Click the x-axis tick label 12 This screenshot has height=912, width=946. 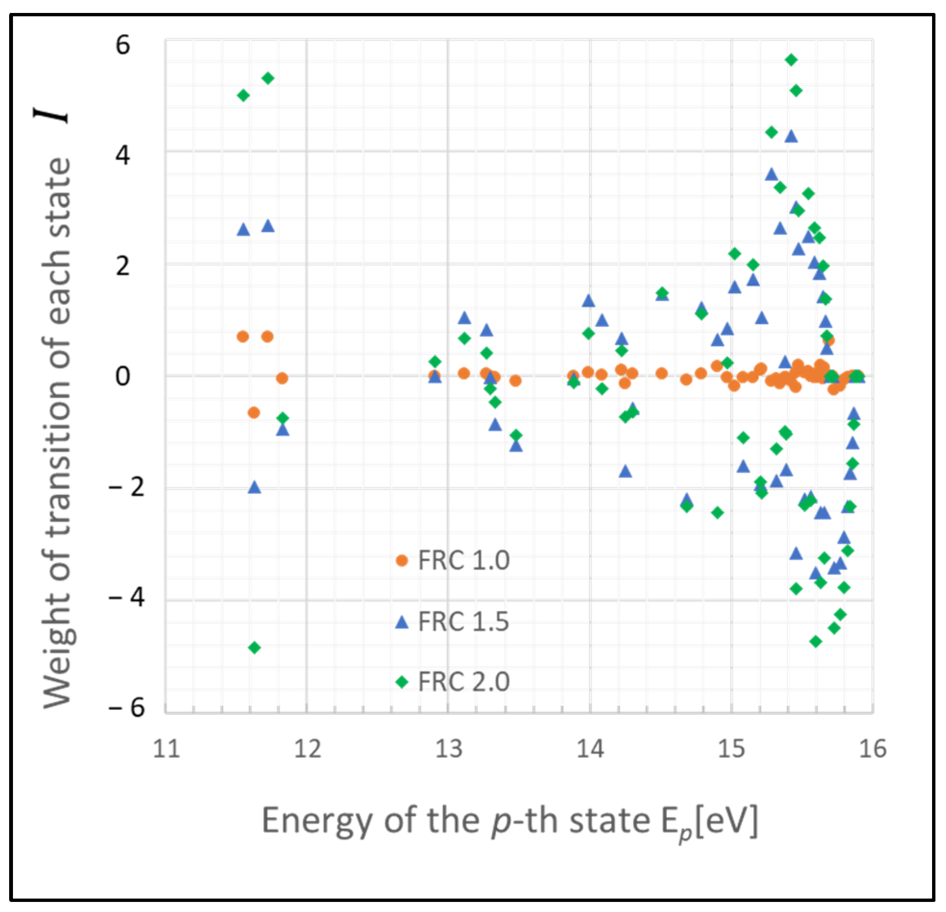pyautogui.click(x=307, y=749)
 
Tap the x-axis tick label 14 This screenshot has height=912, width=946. pyautogui.click(x=590, y=749)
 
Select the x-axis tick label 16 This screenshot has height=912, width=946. pyautogui.click(x=873, y=749)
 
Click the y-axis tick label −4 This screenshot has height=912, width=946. pyautogui.click(x=126, y=598)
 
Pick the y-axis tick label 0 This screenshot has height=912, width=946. pyautogui.click(x=122, y=376)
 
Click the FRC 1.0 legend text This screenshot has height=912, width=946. pyautogui.click(x=463, y=560)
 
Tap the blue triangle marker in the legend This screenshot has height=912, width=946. pyautogui.click(x=402, y=623)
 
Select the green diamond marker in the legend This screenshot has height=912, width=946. pyautogui.click(x=402, y=682)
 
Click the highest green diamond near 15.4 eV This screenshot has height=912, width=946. pyautogui.click(x=790, y=60)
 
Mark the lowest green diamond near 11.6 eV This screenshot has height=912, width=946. pyautogui.click(x=255, y=647)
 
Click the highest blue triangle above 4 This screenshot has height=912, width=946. pyautogui.click(x=790, y=136)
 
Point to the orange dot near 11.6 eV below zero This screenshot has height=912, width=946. pyautogui.click(x=254, y=413)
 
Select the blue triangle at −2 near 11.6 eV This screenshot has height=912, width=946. pyautogui.click(x=255, y=487)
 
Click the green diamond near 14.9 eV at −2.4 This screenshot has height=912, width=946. pyautogui.click(x=717, y=512)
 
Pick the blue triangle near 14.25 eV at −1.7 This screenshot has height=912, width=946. pyautogui.click(x=626, y=471)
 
